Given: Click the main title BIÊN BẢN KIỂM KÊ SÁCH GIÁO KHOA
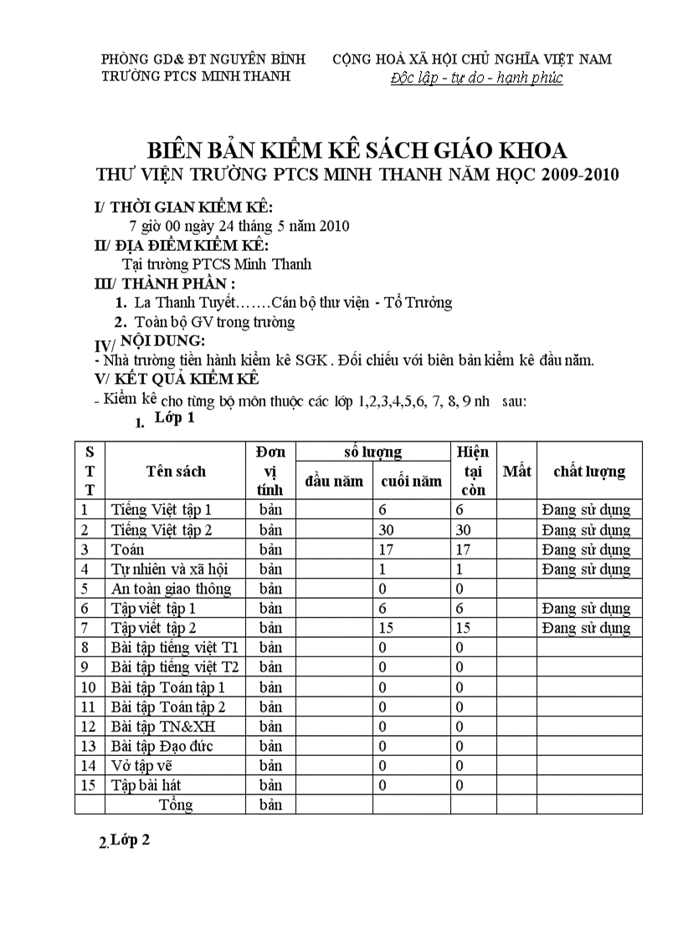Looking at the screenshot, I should pyautogui.click(x=357, y=151).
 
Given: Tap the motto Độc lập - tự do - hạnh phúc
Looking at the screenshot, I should pyautogui.click(x=476, y=79).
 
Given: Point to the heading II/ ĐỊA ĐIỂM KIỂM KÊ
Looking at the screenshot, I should pyautogui.click(x=182, y=245).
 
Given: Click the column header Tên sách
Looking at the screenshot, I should pyautogui.click(x=176, y=472).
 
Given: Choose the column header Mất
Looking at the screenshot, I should pyautogui.click(x=516, y=472).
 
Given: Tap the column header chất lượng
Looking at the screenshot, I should pyautogui.click(x=589, y=472).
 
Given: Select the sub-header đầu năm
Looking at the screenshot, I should pyautogui.click(x=334, y=481).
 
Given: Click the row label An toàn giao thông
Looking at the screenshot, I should pyautogui.click(x=171, y=589).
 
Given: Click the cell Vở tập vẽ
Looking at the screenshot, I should pyautogui.click(x=141, y=766).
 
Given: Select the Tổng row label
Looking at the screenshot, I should pyautogui.click(x=176, y=805).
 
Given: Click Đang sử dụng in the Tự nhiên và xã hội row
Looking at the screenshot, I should pyautogui.click(x=586, y=569).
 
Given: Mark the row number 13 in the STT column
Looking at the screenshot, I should pyautogui.click(x=89, y=746).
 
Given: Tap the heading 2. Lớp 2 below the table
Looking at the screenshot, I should pyautogui.click(x=125, y=842).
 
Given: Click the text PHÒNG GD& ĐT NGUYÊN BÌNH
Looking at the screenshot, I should pyautogui.click(x=203, y=59).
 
